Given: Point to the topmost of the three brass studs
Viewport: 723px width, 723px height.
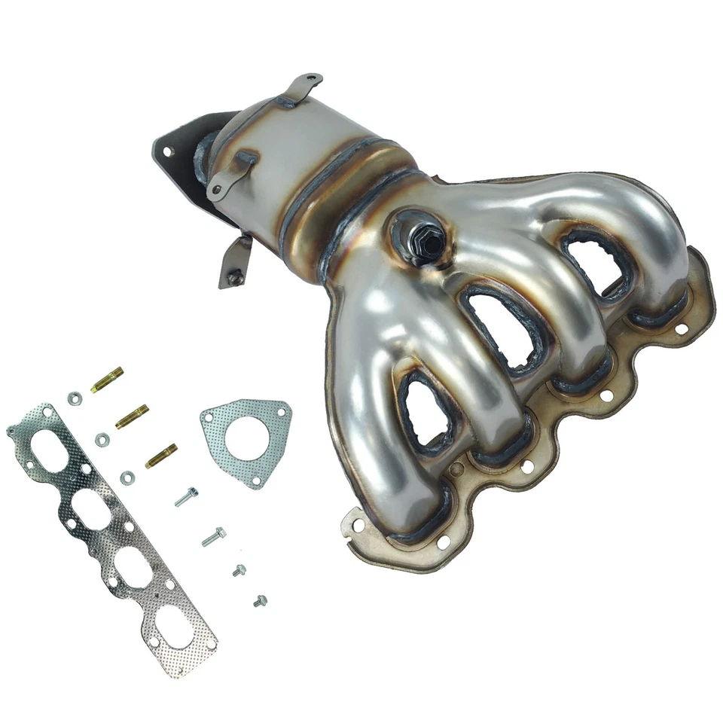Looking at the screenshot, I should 107,380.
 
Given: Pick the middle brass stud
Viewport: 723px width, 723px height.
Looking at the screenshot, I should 132,416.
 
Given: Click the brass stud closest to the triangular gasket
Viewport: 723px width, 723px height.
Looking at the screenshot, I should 161,455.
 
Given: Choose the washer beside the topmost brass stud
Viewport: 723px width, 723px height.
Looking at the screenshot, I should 74,398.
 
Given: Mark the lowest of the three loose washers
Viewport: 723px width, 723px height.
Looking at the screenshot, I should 127,477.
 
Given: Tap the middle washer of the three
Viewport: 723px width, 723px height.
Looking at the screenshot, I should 102,438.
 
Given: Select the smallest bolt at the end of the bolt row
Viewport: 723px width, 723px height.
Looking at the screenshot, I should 261,600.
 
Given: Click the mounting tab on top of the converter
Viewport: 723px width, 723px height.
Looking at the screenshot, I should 301,84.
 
